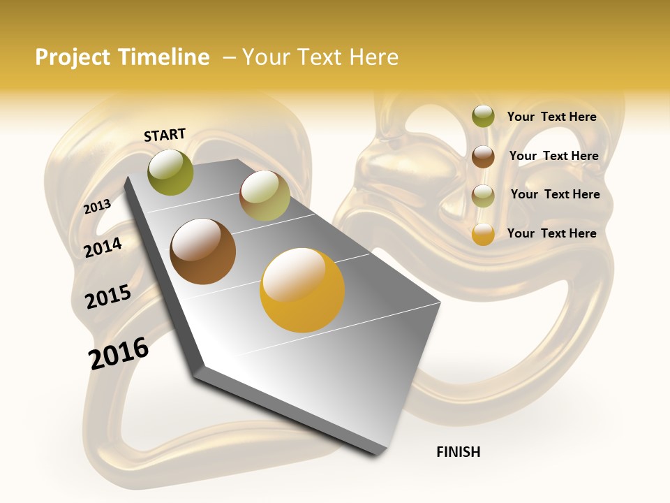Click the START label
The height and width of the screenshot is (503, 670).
pos(165,135)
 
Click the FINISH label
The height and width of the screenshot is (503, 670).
pos(458,452)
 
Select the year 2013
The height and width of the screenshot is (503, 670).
pos(97,206)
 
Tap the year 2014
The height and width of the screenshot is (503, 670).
pos(103,247)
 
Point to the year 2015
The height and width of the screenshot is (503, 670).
pos(107,297)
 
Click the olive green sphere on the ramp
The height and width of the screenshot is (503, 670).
pos(170,172)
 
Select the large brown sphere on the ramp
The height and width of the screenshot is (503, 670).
pos(203,251)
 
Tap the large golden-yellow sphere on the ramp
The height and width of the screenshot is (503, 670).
pos(302,290)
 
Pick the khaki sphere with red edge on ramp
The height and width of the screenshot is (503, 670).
pos(265,196)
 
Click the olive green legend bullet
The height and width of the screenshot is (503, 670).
pos(483,116)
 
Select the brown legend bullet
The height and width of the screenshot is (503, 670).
pos(483,156)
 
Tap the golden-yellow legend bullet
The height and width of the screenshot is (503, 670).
pos(483,234)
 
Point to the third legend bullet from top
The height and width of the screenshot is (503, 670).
pos(483,196)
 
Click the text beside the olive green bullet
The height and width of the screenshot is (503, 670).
pos(551,117)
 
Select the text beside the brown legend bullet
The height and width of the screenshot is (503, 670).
pos(553,156)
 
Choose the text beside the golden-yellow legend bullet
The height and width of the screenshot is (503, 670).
pos(551,233)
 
